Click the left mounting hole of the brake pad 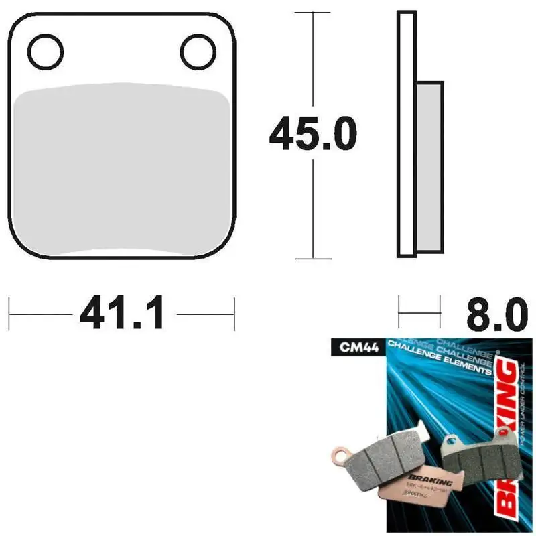tap(46, 50)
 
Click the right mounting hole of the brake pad tap(196, 50)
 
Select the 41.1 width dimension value tap(122, 313)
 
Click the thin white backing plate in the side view tap(403, 134)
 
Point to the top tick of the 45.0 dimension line tap(313, 13)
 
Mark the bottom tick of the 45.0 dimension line tap(313, 258)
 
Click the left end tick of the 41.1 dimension tap(9, 313)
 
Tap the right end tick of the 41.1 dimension tap(234, 313)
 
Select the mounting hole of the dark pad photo tap(450, 442)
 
